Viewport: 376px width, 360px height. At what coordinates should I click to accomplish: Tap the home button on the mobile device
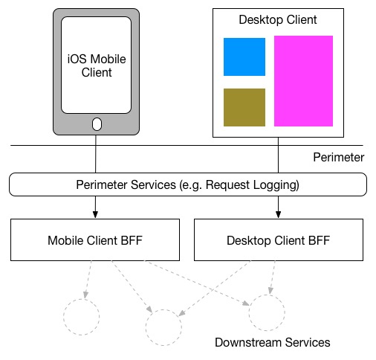click(x=97, y=124)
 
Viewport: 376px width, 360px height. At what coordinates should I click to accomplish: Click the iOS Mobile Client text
click(x=97, y=65)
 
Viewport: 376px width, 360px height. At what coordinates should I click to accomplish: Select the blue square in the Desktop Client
click(x=244, y=57)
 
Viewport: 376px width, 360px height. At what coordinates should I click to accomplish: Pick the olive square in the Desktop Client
click(x=244, y=107)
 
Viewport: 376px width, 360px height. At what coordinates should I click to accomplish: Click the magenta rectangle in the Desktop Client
click(x=303, y=81)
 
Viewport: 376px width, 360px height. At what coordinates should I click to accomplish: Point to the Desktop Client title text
click(x=278, y=19)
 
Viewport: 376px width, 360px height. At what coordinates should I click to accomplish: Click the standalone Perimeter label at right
click(x=339, y=157)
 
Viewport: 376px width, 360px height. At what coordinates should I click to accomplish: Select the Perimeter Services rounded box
click(x=188, y=184)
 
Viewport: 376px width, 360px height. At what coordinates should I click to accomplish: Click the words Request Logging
click(x=251, y=185)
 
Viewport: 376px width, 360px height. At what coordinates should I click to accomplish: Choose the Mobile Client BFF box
click(x=95, y=240)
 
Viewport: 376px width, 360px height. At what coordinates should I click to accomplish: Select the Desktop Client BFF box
click(x=279, y=240)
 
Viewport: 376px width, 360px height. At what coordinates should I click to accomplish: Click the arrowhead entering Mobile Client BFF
click(x=95, y=214)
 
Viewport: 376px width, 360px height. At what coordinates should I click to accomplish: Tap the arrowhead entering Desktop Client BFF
click(x=278, y=214)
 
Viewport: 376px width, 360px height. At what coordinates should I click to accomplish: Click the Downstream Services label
click(x=273, y=342)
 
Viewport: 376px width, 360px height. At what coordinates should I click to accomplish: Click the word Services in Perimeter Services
click(x=153, y=184)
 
